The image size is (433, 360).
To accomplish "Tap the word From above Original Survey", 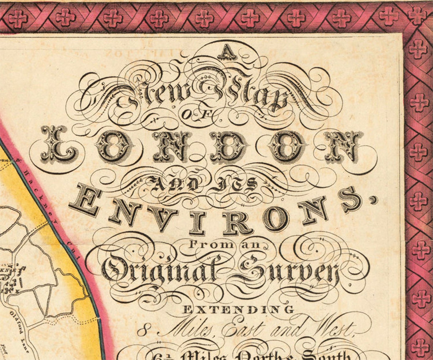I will (x=208, y=244).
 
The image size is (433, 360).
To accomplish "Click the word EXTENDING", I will (x=239, y=310).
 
